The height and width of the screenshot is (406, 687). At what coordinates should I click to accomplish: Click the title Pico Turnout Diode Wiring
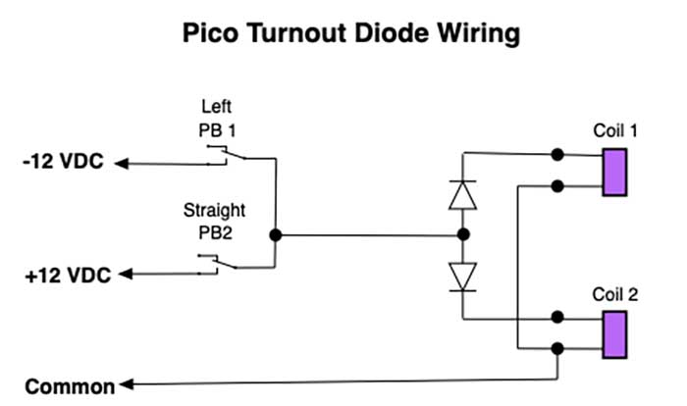350,34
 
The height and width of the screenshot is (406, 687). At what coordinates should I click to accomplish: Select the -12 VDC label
62,163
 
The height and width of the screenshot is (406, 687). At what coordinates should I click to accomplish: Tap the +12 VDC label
64,278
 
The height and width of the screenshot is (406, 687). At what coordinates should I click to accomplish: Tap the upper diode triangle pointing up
461,194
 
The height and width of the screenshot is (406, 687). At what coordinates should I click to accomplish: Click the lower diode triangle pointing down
461,275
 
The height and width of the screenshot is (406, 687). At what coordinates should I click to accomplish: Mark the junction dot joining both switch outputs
276,235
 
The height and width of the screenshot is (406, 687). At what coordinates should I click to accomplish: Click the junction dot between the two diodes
461,235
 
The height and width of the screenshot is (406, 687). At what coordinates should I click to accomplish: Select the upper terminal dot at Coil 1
557,154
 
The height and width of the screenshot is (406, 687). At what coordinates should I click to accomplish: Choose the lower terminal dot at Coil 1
557,185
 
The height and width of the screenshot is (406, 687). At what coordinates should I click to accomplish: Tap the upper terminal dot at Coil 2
557,317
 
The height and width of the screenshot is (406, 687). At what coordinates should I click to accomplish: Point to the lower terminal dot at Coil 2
557,348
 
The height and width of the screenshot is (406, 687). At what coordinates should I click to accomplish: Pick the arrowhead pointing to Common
123,385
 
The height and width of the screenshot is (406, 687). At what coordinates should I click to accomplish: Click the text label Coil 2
615,293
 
